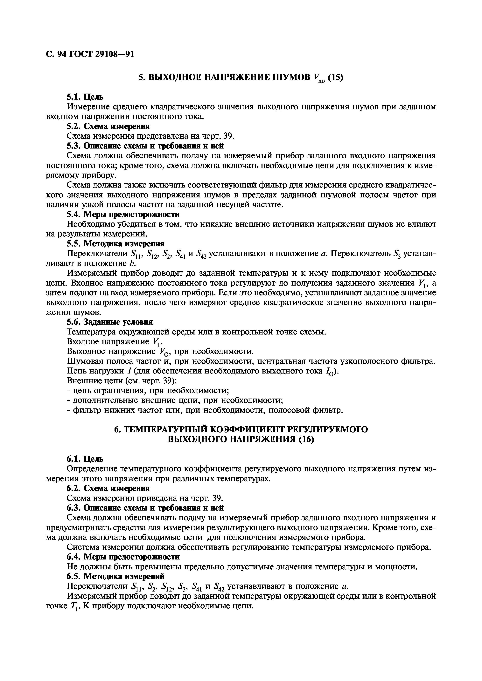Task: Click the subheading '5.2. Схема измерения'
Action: [108, 126]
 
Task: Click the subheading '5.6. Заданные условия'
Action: [110, 322]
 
